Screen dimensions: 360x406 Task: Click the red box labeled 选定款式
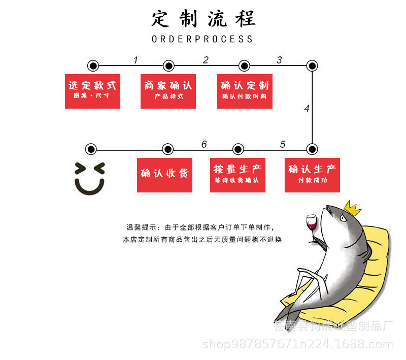pos(92,91)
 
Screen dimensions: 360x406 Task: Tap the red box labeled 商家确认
pos(168,91)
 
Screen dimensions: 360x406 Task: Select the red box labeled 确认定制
pos(245,91)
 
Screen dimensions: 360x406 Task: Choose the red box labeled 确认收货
pos(164,175)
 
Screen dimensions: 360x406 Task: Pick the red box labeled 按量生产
pos(238,175)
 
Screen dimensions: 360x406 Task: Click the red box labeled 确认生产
pos(312,175)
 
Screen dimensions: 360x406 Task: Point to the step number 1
pos(136,60)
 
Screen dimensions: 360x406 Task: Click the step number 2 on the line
pos(206,60)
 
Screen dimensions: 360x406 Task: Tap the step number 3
pos(279,60)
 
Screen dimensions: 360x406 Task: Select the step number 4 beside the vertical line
pos(307,109)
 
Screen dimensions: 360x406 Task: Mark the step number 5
pos(283,145)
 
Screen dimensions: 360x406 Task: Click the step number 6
pos(204,145)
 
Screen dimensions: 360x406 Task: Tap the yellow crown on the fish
pos(352,207)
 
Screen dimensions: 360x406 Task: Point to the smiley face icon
pos(90,178)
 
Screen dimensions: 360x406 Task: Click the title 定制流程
pos(203,19)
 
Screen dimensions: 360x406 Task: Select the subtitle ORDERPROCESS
pos(202,39)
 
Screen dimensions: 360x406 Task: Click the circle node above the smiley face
pos(91,149)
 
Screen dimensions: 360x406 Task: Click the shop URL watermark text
pos(298,345)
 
